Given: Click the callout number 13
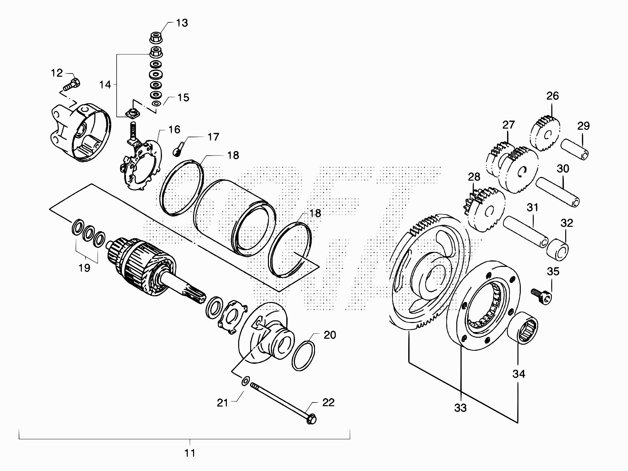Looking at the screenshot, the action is [x=182, y=23].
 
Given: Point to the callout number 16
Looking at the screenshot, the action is [x=174, y=130].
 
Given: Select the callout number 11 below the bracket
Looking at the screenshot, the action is [x=190, y=453].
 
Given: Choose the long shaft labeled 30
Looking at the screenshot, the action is [x=558, y=192].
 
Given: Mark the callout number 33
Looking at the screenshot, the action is [x=460, y=408].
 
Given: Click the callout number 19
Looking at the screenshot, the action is [x=85, y=268].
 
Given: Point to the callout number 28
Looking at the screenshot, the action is [x=474, y=177].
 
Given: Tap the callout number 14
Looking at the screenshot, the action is [x=105, y=85].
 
